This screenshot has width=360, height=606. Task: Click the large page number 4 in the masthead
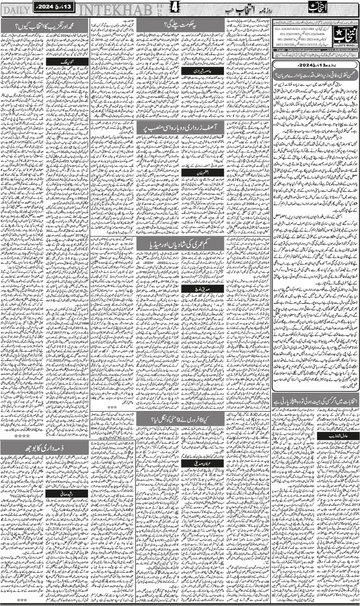click(173, 9)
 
